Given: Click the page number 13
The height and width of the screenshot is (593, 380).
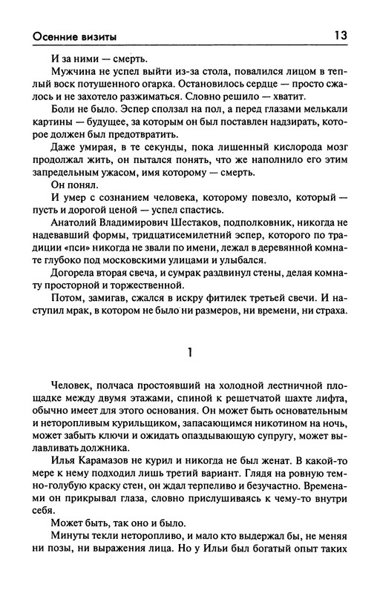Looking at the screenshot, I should pyautogui.click(x=341, y=35).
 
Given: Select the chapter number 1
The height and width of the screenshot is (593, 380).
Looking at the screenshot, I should pyautogui.click(x=191, y=354).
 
